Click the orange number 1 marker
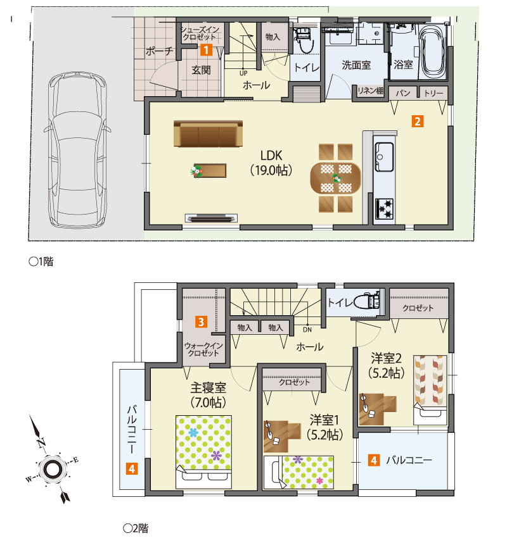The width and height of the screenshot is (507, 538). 205,47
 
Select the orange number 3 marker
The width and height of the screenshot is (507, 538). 200,322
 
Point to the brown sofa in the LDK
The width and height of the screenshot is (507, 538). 208,134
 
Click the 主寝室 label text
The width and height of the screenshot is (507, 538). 209,387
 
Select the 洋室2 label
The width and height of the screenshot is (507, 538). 387,358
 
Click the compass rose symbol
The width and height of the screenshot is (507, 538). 53,468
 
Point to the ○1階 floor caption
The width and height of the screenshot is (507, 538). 41,261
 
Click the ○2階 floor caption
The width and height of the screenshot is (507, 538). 135,527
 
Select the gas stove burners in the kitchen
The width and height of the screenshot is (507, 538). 384,207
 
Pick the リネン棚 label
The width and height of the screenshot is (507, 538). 370,92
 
